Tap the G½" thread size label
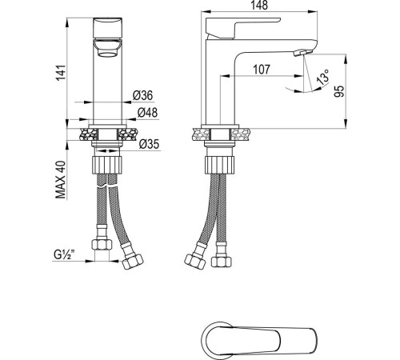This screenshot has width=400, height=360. [63, 257]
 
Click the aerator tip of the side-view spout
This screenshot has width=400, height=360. [302, 53]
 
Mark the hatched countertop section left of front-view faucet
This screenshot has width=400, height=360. [87, 132]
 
